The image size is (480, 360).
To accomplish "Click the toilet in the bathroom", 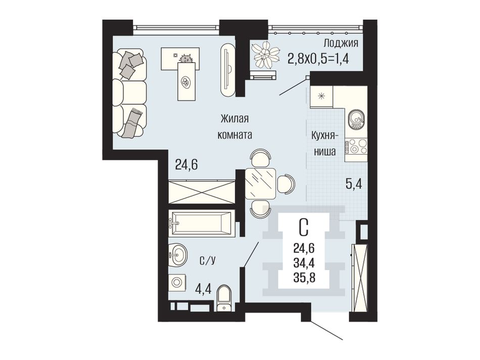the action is (x=224, y=298).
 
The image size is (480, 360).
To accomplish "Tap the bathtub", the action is (x=201, y=223).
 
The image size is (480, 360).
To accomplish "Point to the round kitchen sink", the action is (x=356, y=118).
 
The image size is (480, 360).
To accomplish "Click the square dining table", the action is (x=260, y=184).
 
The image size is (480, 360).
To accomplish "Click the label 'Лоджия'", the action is (x=341, y=43).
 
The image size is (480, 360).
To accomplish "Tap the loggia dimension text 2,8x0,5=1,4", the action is (x=318, y=58).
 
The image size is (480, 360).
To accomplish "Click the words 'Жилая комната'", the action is (x=235, y=127).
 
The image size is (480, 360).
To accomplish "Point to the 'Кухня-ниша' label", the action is (x=324, y=143).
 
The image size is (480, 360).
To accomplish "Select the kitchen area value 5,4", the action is (x=354, y=184).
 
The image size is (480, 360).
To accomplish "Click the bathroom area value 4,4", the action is (x=203, y=288).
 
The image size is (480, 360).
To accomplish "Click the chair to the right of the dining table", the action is (x=286, y=184).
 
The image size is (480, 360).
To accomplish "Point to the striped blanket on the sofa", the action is (x=133, y=123).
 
